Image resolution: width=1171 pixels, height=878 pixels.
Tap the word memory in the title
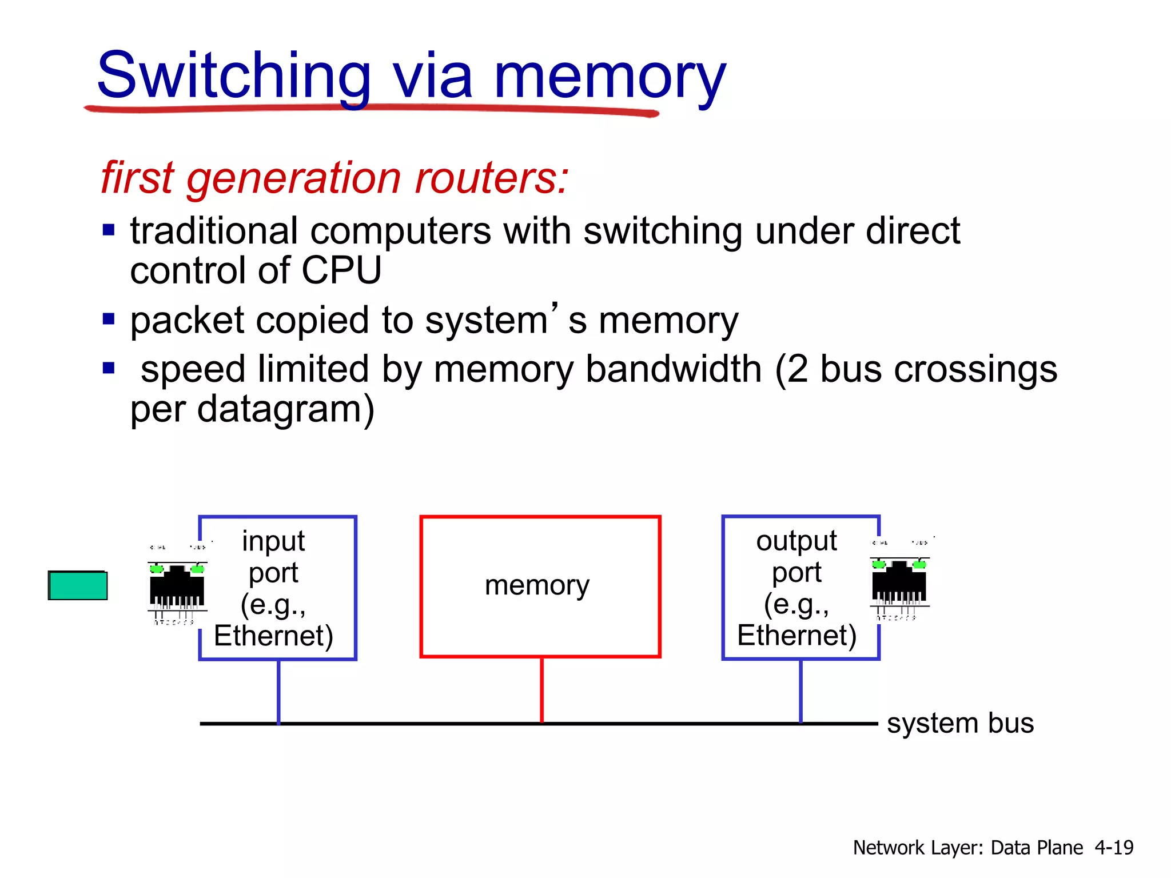tap(609, 77)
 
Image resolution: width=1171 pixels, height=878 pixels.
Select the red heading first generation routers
tap(334, 178)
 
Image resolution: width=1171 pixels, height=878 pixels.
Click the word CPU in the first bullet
tap(341, 270)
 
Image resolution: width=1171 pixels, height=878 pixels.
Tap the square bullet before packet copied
tap(109, 318)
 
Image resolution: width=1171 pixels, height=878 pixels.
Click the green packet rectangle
tap(78, 585)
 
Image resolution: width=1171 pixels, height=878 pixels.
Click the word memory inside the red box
tap(537, 585)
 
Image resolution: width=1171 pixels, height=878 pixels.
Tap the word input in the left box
tap(273, 541)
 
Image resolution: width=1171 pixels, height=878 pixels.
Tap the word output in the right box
tap(796, 541)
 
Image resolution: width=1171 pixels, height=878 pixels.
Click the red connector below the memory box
tap(541, 690)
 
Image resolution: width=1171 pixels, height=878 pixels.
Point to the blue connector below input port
tap(278, 692)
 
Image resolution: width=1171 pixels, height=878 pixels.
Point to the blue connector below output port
tap(800, 692)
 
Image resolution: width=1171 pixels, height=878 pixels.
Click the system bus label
tap(960, 723)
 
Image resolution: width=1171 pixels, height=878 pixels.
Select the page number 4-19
tap(1114, 847)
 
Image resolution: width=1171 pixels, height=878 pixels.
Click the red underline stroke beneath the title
tap(372, 109)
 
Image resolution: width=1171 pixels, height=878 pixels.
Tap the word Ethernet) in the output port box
tap(796, 636)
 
